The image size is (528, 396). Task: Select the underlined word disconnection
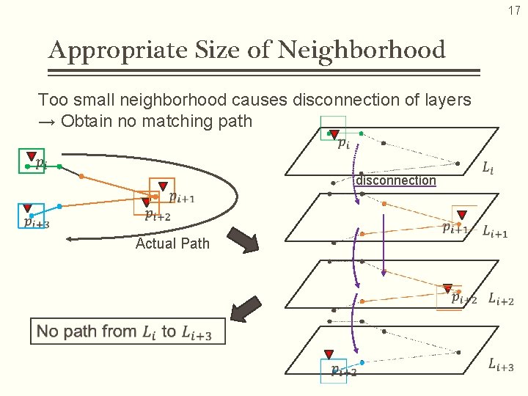[x=396, y=180]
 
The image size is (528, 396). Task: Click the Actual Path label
[x=172, y=243]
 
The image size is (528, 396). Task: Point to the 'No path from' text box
[x=128, y=331]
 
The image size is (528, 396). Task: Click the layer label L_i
[x=488, y=169]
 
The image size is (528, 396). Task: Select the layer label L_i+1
[x=495, y=232]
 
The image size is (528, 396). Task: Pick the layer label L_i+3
[x=500, y=365]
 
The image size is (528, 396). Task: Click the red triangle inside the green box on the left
[x=31, y=156]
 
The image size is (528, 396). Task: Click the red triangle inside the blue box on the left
[x=27, y=208]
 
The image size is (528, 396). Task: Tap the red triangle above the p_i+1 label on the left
[x=163, y=186]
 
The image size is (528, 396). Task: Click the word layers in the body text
[x=446, y=99]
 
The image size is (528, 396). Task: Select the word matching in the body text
[x=172, y=121]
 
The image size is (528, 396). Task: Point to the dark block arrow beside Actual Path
[x=243, y=240]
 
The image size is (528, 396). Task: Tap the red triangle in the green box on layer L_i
[x=334, y=135]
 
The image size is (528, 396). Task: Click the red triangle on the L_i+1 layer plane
[x=462, y=215]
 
